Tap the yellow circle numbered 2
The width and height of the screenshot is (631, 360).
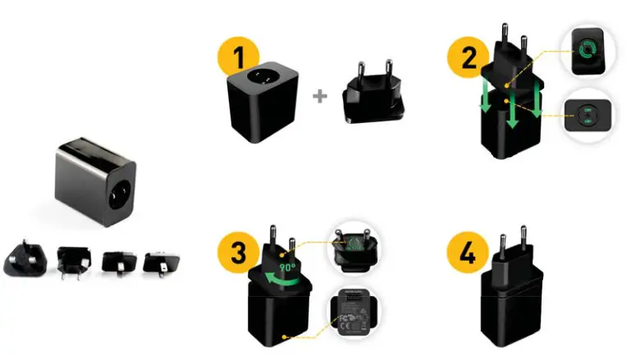coord(464,58)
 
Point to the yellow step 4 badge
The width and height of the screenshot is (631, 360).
coord(464,251)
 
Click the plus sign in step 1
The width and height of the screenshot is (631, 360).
coord(319,96)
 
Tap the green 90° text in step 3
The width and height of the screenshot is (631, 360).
coord(286,267)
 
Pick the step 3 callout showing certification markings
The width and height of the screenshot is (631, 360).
coord(354,313)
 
